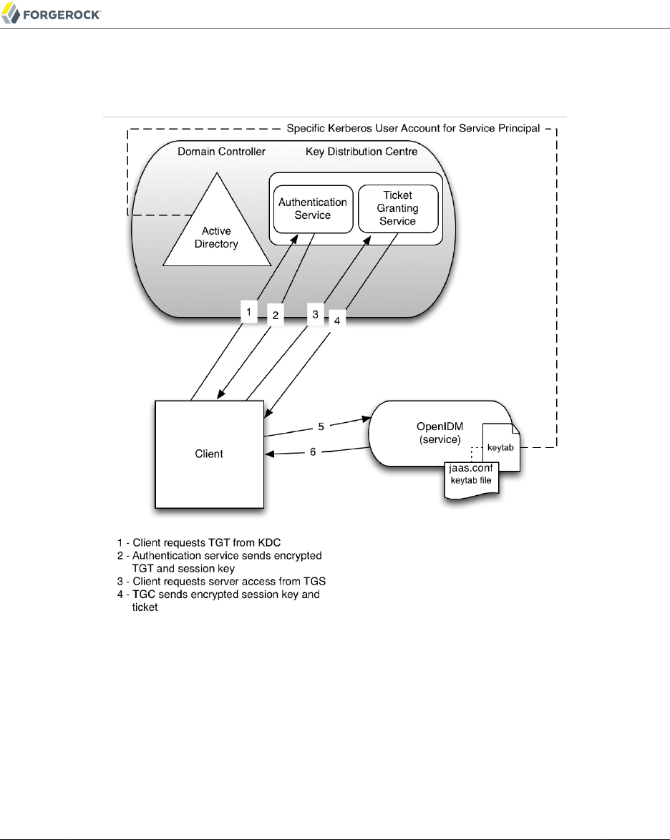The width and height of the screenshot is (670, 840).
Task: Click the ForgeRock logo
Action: click(x=52, y=14)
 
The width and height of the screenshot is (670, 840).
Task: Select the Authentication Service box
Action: click(x=313, y=208)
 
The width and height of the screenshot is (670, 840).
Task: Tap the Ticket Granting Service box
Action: click(x=397, y=208)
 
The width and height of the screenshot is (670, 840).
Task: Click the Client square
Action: click(x=209, y=454)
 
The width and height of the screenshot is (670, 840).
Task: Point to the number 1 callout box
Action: click(x=248, y=312)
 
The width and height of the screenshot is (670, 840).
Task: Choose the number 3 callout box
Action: click(x=313, y=314)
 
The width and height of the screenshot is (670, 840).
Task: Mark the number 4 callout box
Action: click(x=337, y=320)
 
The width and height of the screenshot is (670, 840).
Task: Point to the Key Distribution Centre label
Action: click(x=361, y=152)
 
